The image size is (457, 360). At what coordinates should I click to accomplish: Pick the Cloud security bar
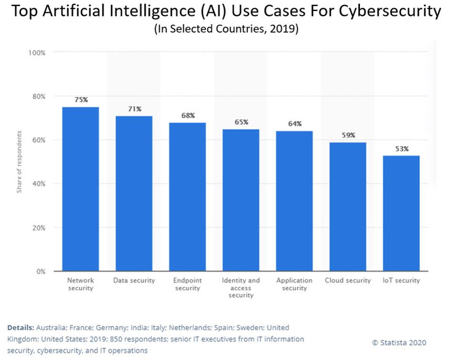(x=348, y=207)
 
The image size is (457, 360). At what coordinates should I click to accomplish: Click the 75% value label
(x=81, y=100)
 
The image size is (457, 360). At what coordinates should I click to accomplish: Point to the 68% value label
(x=188, y=116)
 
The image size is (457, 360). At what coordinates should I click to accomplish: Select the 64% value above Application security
(x=295, y=124)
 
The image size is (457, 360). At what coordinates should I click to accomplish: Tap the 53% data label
(x=401, y=149)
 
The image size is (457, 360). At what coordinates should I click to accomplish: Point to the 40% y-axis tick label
(x=38, y=184)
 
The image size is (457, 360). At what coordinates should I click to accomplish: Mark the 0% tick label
(x=40, y=271)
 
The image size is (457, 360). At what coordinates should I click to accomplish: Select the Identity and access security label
(x=241, y=288)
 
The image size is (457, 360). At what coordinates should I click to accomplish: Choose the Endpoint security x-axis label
(x=188, y=284)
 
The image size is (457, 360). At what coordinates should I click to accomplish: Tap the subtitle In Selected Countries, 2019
(x=226, y=29)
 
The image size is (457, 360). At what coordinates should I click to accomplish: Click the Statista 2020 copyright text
(x=399, y=342)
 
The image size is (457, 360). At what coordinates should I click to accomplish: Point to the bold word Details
(x=20, y=328)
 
